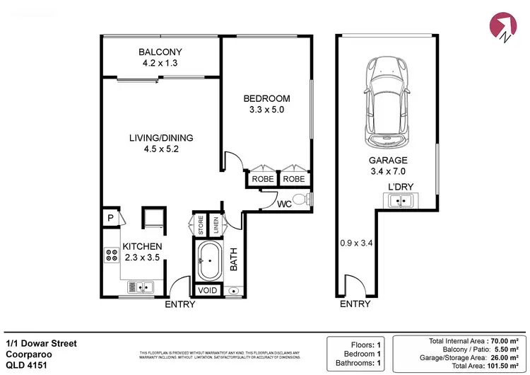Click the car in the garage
(387, 99)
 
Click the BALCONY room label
(160, 52)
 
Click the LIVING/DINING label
(160, 138)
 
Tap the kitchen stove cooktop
(112, 255)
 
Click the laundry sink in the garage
(401, 202)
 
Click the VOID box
(208, 290)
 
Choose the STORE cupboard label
(201, 226)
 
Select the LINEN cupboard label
(216, 226)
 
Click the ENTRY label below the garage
(355, 304)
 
